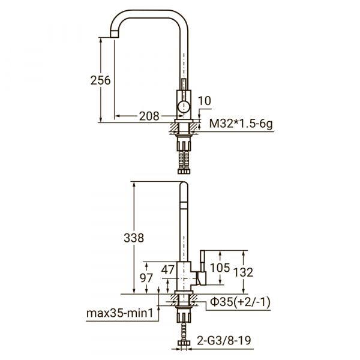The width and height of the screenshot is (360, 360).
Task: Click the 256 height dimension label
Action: click(x=101, y=80)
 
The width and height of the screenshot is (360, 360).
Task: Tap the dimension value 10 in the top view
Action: click(x=205, y=101)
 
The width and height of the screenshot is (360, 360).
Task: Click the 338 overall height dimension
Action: click(x=133, y=238)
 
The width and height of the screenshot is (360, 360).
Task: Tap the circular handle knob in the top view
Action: click(x=184, y=108)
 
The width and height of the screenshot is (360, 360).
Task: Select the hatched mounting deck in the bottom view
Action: click(x=184, y=298)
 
